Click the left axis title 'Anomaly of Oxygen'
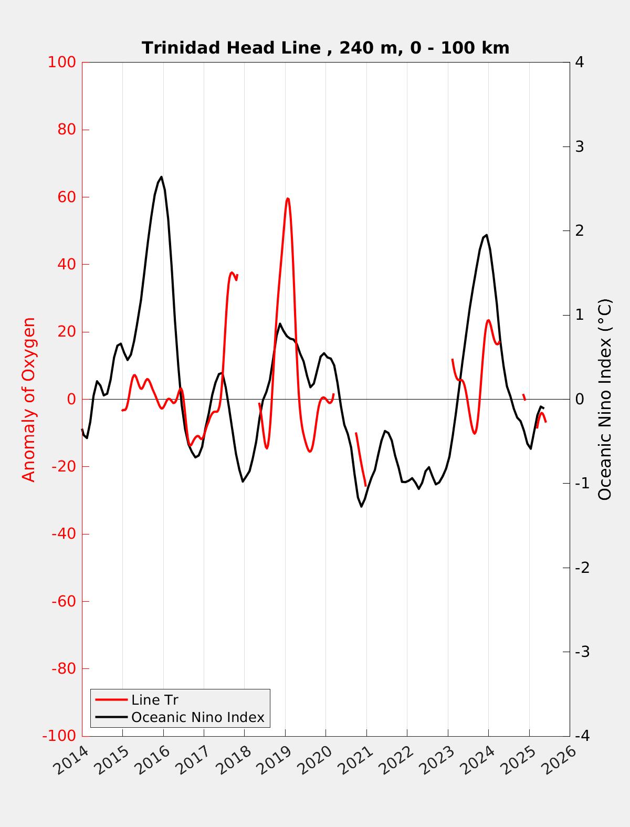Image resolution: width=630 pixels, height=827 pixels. pyautogui.click(x=29, y=399)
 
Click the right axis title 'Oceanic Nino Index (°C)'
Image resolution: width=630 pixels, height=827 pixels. pyautogui.click(x=605, y=399)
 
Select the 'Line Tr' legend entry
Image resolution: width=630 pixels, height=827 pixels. pyautogui.click(x=154, y=700)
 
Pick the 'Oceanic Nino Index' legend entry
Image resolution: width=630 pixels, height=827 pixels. pyautogui.click(x=197, y=717)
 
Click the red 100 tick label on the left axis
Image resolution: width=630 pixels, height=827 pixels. pyautogui.click(x=62, y=62)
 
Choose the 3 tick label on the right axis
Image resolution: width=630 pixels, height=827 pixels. pyautogui.click(x=580, y=146)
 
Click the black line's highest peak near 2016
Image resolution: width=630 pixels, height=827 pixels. pyautogui.click(x=161, y=177)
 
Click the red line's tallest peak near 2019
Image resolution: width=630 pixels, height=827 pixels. pyautogui.click(x=287, y=198)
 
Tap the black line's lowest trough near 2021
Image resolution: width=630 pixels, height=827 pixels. pyautogui.click(x=361, y=506)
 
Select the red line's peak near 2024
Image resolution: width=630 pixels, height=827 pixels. pyautogui.click(x=488, y=320)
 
